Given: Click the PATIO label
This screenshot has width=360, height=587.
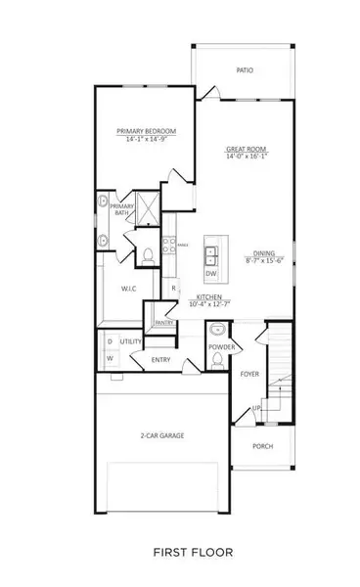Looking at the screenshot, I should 244,70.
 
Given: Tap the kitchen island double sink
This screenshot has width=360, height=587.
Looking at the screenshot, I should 211,255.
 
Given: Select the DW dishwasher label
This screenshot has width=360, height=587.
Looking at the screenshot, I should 211,273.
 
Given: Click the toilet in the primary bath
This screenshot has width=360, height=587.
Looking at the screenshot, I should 145,256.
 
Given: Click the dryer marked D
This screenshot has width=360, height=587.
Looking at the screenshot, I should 109,340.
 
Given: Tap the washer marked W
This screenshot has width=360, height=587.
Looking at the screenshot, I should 109,358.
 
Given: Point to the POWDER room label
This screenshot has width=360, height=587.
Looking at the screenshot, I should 218,346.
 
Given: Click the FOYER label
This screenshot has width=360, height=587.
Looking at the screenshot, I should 250,374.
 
